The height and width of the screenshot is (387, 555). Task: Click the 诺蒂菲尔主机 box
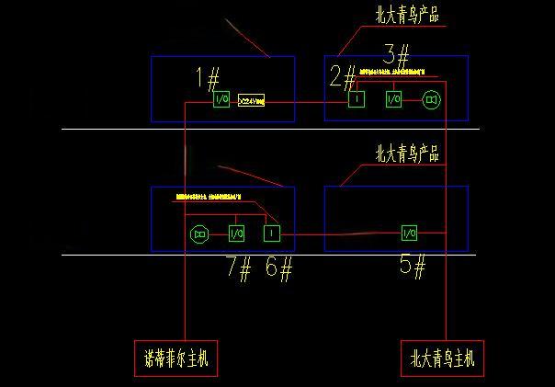[x=176, y=359]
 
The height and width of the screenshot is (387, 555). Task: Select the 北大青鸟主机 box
[x=442, y=359]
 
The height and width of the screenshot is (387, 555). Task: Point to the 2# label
[x=343, y=75]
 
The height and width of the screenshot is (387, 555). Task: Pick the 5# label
[x=413, y=267]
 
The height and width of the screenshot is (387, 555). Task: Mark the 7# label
[x=239, y=268]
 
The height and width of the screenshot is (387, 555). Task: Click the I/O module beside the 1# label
[x=221, y=99]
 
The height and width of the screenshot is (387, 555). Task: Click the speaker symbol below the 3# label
[x=432, y=99]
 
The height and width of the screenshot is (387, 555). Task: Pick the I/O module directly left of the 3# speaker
[x=394, y=99]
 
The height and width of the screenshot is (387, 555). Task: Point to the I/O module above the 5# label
[x=409, y=234]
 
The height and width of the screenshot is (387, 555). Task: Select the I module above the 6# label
[x=270, y=234]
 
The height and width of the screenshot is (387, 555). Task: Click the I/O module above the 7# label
[x=236, y=234]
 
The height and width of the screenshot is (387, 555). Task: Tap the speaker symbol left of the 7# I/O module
[x=198, y=235]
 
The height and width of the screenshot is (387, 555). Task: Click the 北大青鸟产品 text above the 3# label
[x=406, y=16]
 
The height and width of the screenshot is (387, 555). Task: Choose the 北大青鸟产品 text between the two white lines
[x=407, y=154]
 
